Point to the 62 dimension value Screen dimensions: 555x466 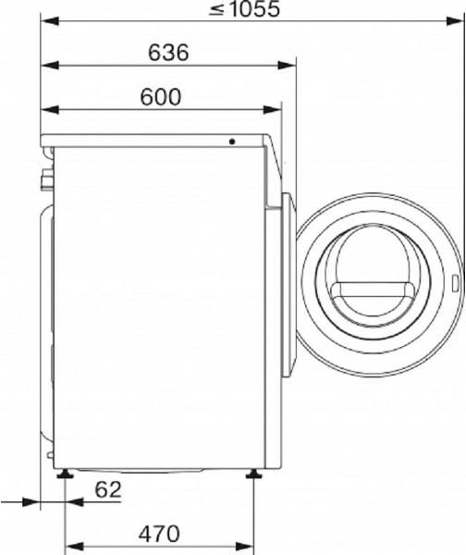click(x=108, y=490)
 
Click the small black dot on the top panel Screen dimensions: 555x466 click(x=232, y=142)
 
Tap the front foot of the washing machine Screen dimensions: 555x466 click(x=252, y=476)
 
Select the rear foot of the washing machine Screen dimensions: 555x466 click(x=65, y=476)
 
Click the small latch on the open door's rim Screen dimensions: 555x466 click(x=458, y=285)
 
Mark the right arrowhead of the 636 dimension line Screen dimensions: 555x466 click(x=288, y=65)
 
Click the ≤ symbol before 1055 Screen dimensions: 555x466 click(x=216, y=11)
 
